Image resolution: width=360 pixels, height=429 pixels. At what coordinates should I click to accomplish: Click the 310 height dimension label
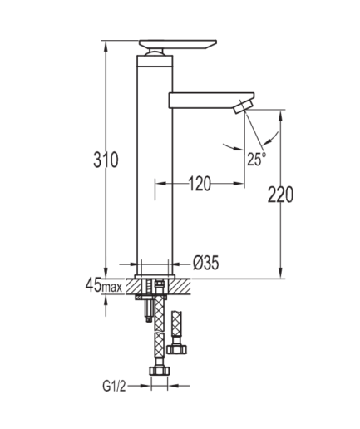106,160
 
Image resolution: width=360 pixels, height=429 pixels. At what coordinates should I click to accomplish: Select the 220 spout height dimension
280,195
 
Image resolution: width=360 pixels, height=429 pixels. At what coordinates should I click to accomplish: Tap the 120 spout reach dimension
200,184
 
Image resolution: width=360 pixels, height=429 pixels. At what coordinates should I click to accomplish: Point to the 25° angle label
256,159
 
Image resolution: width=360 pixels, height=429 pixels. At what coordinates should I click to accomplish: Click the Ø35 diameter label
206,263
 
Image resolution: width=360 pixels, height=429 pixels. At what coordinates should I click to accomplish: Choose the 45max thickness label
104,285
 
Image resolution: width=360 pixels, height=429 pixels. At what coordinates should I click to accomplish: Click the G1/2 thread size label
114,386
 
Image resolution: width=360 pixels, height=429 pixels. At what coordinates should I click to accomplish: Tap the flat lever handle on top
178,44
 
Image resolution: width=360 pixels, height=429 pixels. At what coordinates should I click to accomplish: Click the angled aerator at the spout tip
243,106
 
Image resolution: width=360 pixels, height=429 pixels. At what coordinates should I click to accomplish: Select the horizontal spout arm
211,100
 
